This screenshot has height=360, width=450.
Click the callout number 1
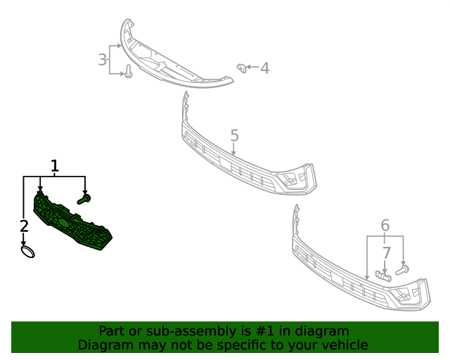pyautogui.click(x=54, y=166)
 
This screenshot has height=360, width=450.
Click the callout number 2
pyautogui.click(x=24, y=226)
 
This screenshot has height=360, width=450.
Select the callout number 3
pyautogui.click(x=103, y=60)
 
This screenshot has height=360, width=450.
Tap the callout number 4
pyautogui.click(x=264, y=68)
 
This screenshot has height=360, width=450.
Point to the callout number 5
pyautogui.click(x=234, y=135)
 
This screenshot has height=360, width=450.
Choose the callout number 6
pyautogui.click(x=385, y=225)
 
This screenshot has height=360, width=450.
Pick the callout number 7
pyautogui.click(x=386, y=252)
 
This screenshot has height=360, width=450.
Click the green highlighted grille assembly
pyautogui.click(x=70, y=224)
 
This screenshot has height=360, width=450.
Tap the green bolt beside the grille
pyautogui.click(x=84, y=200)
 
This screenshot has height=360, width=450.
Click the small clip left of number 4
pyautogui.click(x=242, y=67)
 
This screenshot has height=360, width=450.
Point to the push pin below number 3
pyautogui.click(x=129, y=72)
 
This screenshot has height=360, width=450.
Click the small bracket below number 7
pyautogui.click(x=382, y=275)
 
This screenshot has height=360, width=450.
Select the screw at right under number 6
pyautogui.click(x=403, y=269)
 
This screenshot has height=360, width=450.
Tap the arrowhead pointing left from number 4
pyautogui.click(x=252, y=68)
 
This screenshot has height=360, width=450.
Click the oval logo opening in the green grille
pyautogui.click(x=63, y=222)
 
